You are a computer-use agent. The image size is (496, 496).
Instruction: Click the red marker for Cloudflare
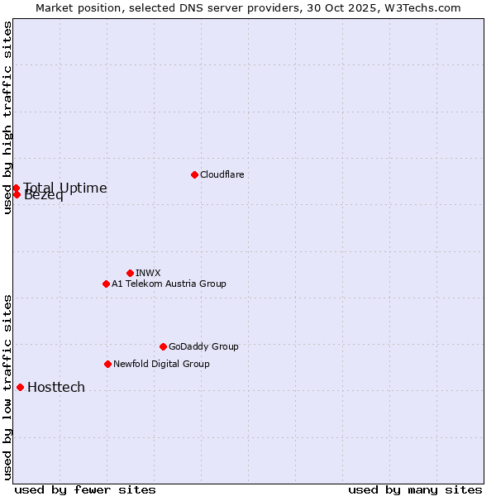194,174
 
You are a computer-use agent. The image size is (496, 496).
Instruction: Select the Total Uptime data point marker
16,188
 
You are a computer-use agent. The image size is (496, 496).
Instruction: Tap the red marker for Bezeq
16,194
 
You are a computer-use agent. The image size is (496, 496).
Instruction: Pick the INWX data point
130,273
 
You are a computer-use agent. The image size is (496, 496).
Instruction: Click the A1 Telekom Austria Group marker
106,284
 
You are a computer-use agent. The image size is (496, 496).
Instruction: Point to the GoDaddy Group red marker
163,346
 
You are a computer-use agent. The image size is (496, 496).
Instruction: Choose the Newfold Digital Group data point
107,364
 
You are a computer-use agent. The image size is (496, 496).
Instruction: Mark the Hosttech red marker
20,387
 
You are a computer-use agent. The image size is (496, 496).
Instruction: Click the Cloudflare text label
222,174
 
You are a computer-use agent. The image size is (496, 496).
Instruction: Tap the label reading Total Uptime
65,188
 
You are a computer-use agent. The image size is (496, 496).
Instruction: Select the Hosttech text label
56,387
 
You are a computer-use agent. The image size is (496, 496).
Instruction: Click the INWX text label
148,273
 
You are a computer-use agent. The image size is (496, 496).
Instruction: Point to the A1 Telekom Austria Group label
169,284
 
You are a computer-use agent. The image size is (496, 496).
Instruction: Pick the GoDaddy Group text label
203,346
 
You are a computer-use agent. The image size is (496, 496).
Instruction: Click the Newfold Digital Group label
161,364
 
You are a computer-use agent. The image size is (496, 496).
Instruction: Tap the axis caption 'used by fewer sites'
85,489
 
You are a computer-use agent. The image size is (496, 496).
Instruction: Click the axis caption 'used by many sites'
415,489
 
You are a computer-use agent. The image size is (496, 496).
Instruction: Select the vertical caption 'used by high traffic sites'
7,117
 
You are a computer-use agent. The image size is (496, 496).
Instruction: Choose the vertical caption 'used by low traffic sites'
7,387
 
